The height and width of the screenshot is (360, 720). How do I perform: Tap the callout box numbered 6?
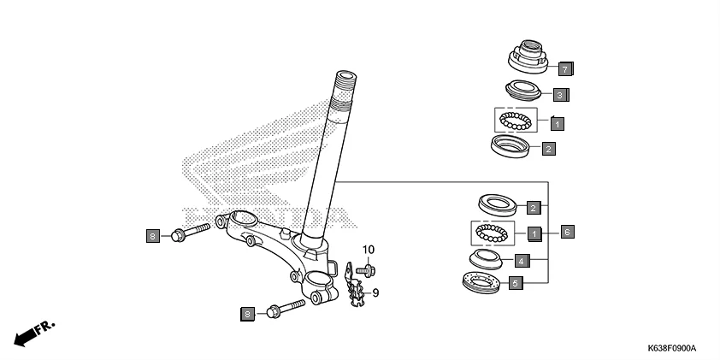pyautogui.click(x=567, y=231)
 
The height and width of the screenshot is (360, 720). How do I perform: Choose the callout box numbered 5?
pyautogui.click(x=515, y=283)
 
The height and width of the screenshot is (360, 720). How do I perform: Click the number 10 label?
pyautogui.click(x=368, y=250)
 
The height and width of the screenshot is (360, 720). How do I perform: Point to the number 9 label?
pyautogui.click(x=375, y=292)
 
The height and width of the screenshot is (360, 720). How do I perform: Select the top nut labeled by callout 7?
pyautogui.click(x=528, y=56)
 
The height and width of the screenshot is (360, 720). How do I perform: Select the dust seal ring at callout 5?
pyautogui.click(x=480, y=282)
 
